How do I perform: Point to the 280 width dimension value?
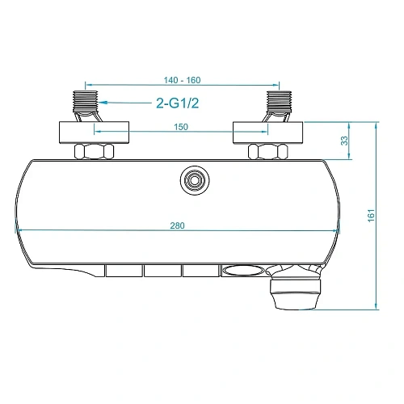(x=178, y=225)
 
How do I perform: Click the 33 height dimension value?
(x=345, y=140)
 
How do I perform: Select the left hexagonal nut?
(x=95, y=151)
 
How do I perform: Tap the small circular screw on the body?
(x=193, y=180)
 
